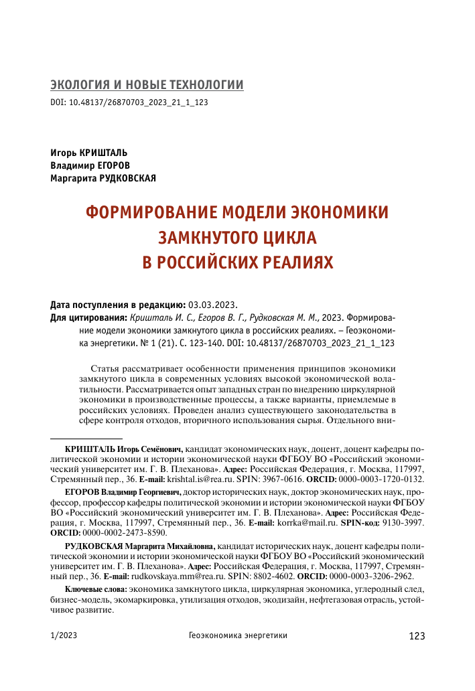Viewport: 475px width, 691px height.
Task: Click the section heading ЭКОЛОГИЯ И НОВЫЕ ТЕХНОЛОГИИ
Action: (x=147, y=85)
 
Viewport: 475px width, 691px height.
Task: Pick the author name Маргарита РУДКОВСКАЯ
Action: (x=103, y=177)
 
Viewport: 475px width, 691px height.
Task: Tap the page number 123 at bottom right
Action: (x=416, y=636)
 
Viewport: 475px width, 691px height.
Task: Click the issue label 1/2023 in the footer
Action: (x=64, y=636)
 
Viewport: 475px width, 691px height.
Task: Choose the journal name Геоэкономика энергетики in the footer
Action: (x=238, y=636)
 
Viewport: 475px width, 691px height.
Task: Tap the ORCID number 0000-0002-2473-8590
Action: (x=124, y=532)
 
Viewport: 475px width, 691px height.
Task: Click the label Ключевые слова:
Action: (x=90, y=589)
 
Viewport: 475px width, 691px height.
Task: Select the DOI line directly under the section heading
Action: (x=129, y=104)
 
